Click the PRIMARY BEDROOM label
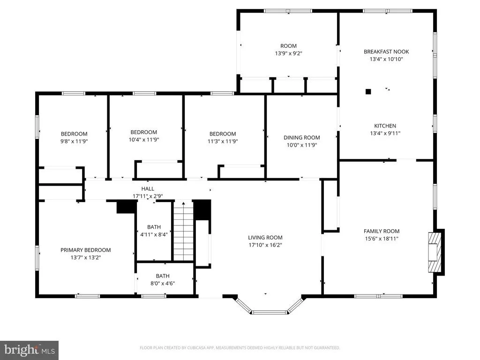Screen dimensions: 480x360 point(86,250)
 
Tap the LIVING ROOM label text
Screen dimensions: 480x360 point(265,238)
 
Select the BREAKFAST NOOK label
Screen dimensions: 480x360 point(386,52)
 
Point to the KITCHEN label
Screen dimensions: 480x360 point(385,126)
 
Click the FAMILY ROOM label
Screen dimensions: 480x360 point(382,232)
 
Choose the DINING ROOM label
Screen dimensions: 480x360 point(302,138)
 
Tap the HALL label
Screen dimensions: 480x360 point(148,189)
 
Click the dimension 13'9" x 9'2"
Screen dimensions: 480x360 point(289,53)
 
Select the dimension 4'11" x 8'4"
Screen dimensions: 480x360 point(154,234)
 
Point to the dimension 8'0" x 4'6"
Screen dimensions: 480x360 point(163,284)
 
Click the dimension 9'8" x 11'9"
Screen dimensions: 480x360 point(74,142)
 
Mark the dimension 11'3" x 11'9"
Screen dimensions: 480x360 point(223,142)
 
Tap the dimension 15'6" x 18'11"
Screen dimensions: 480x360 point(382,239)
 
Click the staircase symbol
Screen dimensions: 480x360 point(184,231)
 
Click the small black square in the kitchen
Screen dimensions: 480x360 point(368,91)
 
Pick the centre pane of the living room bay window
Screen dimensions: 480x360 point(270,312)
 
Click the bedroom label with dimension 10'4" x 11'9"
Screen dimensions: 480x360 point(144,132)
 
